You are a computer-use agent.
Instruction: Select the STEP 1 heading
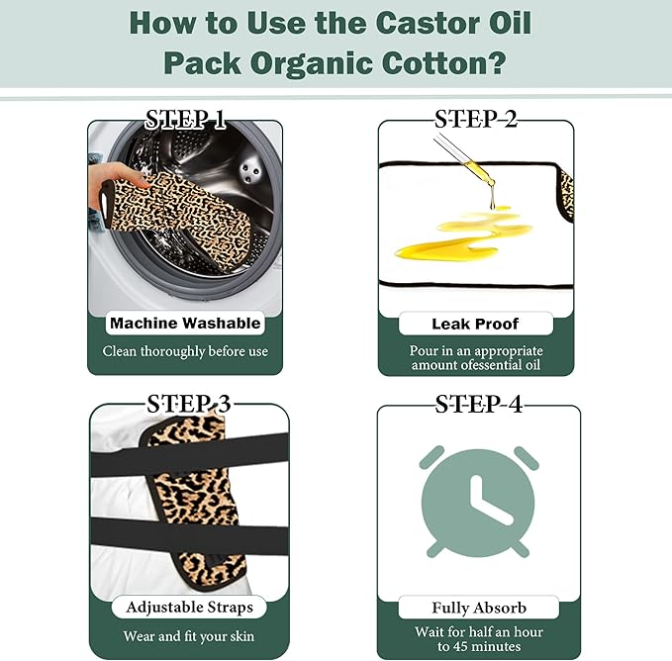[x=185, y=120]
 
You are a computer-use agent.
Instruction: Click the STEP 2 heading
[x=476, y=119]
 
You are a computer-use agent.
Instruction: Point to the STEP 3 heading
[x=189, y=404]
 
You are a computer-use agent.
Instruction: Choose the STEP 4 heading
[x=479, y=404]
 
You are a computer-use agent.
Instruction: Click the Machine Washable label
[x=185, y=323]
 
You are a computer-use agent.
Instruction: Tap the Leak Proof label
[x=475, y=324]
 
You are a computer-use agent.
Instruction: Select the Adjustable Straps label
[x=189, y=607]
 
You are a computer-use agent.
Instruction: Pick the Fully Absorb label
[x=479, y=608]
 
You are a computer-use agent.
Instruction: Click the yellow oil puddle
[x=462, y=235]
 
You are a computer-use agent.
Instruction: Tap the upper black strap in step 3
[x=189, y=454]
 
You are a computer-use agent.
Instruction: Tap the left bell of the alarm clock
[x=432, y=457]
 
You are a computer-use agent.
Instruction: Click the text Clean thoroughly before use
[x=185, y=351]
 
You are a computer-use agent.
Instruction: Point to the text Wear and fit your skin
[x=189, y=636]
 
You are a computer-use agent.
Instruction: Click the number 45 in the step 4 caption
[x=461, y=646]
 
